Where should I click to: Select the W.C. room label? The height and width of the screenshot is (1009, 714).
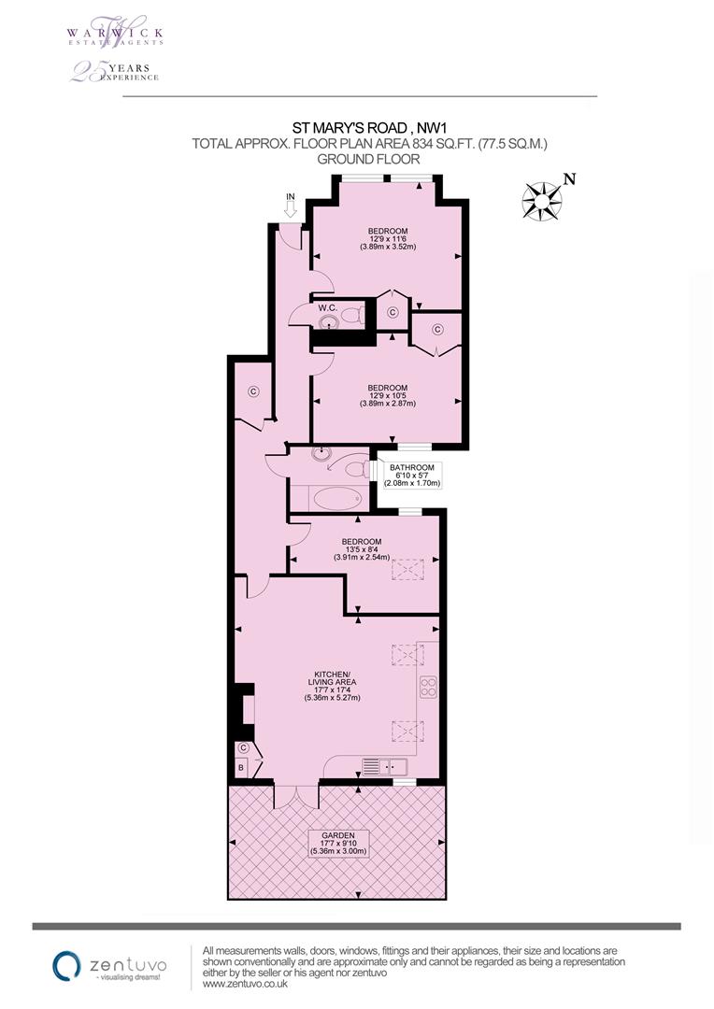327,307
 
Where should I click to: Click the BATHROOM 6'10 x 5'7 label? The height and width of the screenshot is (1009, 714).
412,476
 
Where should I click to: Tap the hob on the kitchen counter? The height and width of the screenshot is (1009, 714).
428,688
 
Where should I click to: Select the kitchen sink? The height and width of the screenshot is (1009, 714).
385,767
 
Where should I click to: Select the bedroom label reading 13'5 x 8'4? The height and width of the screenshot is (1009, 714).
361,550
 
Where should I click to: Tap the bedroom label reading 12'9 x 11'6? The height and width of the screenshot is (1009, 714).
387,239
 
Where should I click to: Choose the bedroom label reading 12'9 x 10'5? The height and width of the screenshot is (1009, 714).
387,395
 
